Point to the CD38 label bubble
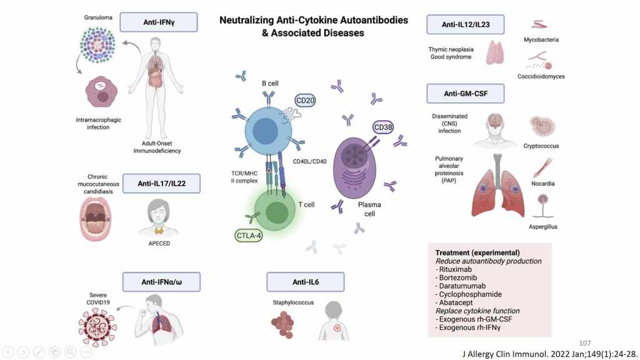[x=386, y=128]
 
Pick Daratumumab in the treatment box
[x=464, y=286]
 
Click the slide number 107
[x=585, y=343]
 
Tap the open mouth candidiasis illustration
[x=96, y=221]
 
